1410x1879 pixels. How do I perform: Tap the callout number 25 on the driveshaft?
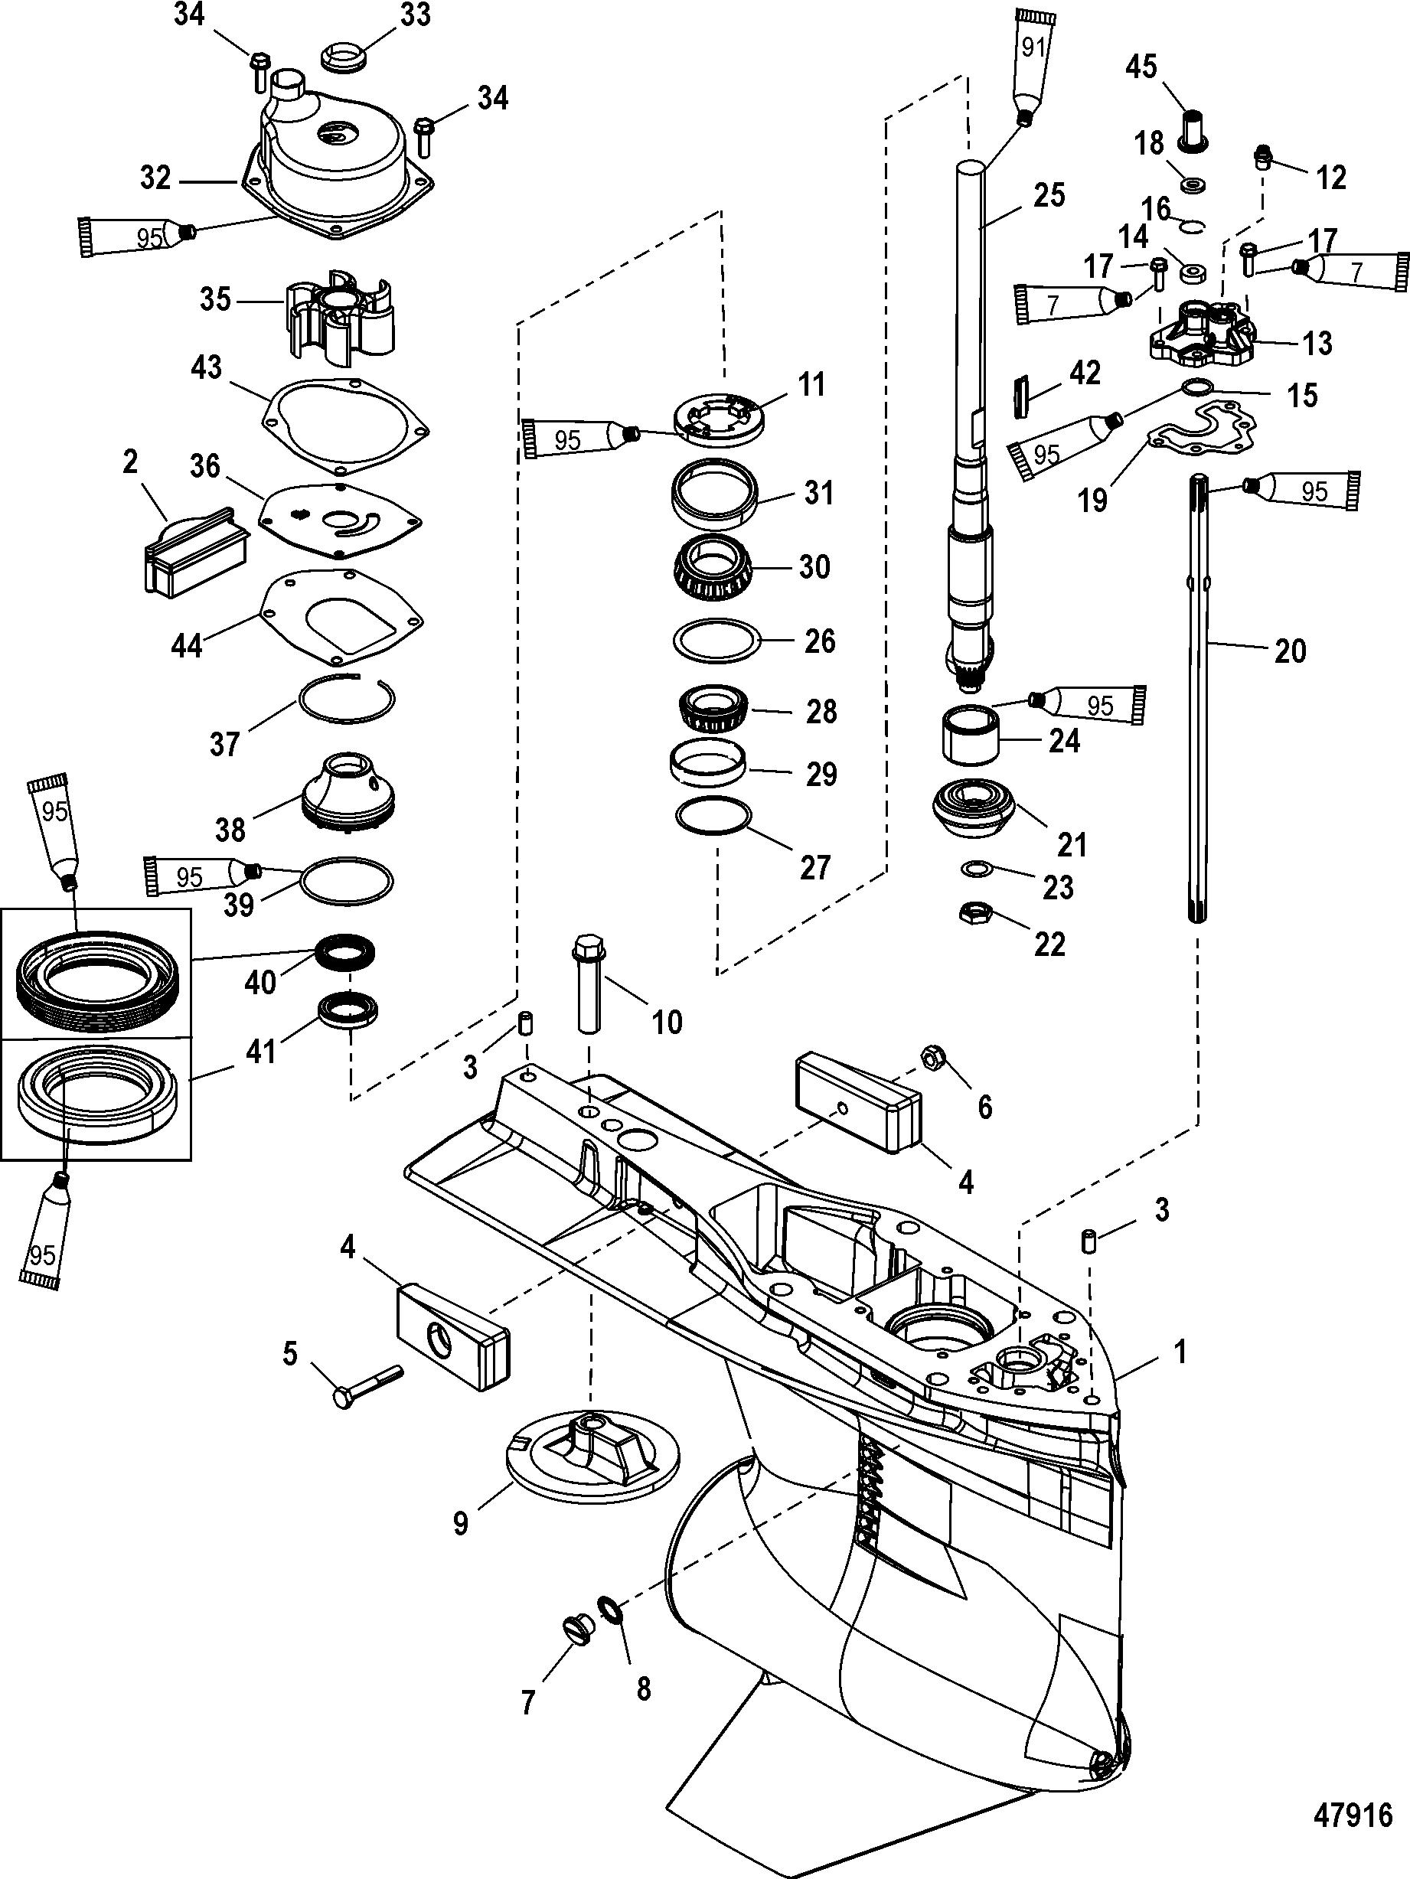click(1049, 195)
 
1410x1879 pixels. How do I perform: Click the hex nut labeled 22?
click(971, 915)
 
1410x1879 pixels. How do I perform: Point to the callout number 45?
click(1141, 67)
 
